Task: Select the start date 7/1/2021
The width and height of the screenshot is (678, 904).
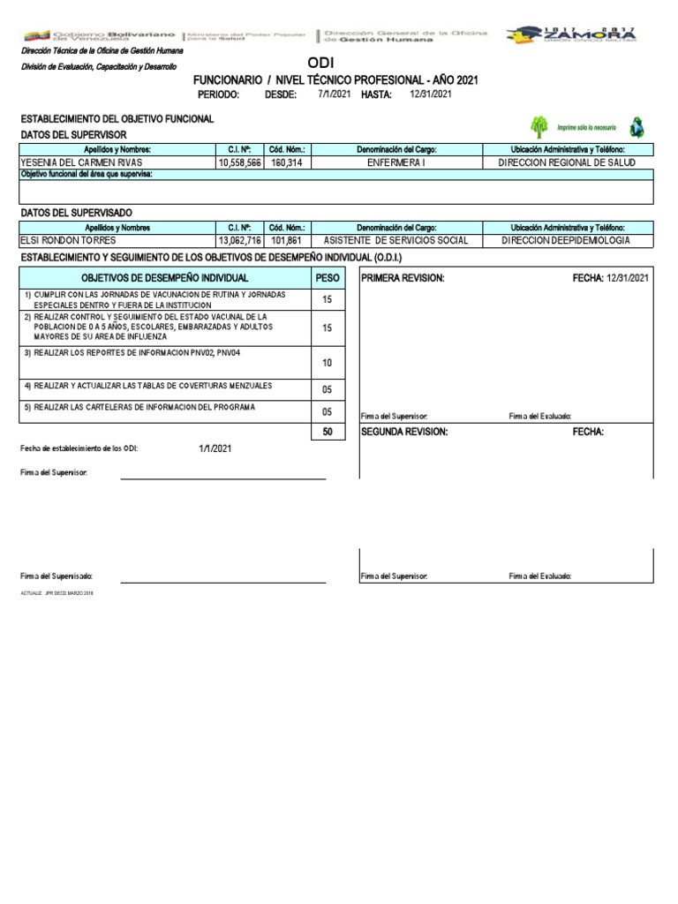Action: tap(335, 94)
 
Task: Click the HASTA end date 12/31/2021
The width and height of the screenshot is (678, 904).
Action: tap(431, 94)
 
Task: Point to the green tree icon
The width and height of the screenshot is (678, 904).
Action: tap(539, 126)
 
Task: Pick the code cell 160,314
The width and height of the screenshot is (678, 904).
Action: tap(286, 163)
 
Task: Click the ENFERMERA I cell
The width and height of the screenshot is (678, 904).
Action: tap(396, 163)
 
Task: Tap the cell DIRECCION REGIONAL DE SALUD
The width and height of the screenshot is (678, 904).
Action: tap(566, 163)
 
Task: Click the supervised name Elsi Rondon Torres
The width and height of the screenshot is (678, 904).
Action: tap(68, 240)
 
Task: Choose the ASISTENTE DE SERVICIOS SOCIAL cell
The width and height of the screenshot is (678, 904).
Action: tap(396, 240)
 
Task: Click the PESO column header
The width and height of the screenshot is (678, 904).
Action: tap(327, 278)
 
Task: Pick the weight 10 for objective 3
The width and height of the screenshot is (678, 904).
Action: tap(327, 363)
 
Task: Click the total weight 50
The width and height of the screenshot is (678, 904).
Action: tap(327, 432)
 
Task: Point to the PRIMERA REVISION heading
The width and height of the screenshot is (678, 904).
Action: tap(403, 278)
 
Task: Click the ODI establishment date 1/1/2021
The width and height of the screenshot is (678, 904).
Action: tap(215, 448)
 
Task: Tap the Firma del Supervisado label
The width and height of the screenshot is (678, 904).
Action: tap(56, 576)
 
